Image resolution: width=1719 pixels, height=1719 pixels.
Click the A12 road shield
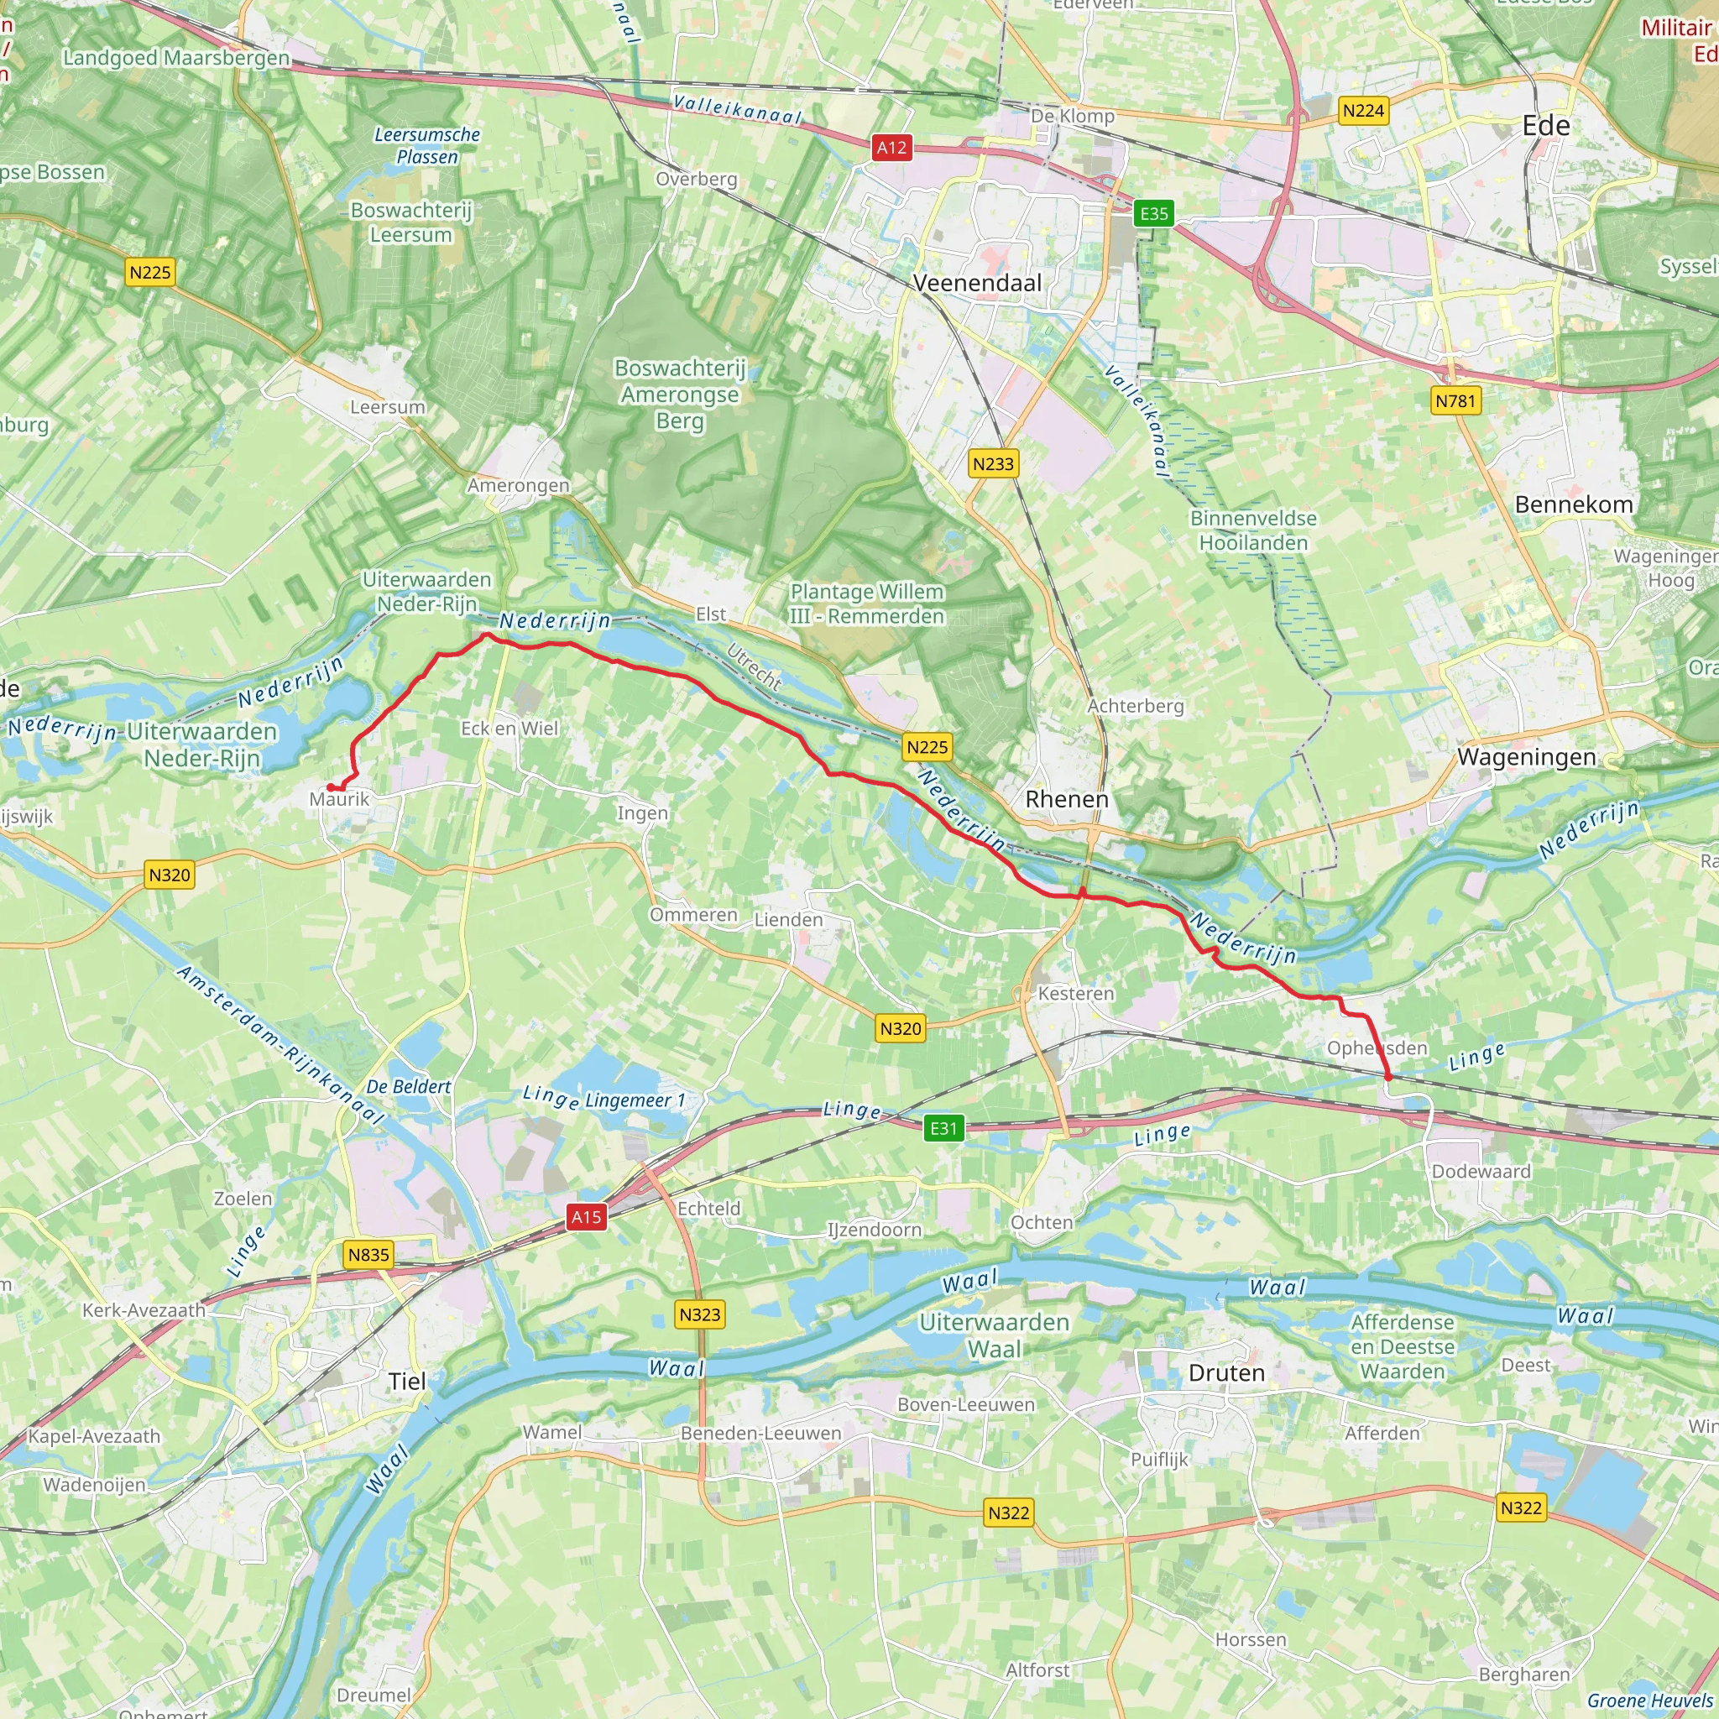(891, 148)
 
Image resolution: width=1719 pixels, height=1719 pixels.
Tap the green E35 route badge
(1154, 213)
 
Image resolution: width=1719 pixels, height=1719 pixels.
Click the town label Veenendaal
(977, 283)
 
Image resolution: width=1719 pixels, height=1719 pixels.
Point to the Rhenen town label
(1067, 799)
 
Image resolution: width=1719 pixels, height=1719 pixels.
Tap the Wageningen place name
(1526, 757)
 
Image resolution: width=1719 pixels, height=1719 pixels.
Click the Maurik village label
(339, 799)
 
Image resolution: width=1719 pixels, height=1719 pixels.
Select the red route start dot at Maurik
(330, 787)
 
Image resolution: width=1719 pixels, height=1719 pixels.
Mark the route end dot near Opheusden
(1388, 1078)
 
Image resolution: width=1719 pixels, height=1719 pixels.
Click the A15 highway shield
(587, 1217)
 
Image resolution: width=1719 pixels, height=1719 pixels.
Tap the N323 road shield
(699, 1314)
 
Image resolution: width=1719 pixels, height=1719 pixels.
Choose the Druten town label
(1226, 1373)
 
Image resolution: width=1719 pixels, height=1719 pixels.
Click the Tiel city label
(406, 1382)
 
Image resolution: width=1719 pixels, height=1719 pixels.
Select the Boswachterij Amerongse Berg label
(680, 394)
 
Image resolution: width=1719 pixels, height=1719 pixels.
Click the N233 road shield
(993, 463)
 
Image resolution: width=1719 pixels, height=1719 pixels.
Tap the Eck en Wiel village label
(509, 728)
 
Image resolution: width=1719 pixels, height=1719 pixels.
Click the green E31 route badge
(943, 1129)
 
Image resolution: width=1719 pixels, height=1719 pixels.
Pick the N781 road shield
(1455, 401)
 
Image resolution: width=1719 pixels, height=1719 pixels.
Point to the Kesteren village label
(1075, 993)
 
